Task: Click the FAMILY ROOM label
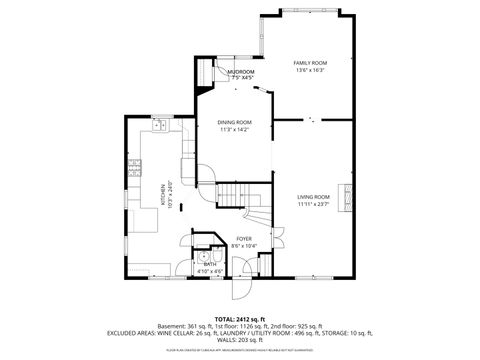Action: click(x=308, y=62)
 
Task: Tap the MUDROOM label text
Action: click(x=240, y=72)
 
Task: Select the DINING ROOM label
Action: click(x=235, y=122)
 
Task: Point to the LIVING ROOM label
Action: click(x=313, y=197)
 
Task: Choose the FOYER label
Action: click(x=244, y=239)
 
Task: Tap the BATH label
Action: click(x=209, y=264)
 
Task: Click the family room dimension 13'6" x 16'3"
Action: click(x=308, y=70)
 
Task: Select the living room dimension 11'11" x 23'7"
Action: click(x=313, y=205)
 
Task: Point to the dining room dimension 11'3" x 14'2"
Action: click(x=235, y=130)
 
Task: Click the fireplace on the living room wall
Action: click(x=348, y=198)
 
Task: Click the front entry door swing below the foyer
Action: click(x=240, y=287)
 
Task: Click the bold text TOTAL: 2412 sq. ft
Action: click(x=240, y=318)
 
